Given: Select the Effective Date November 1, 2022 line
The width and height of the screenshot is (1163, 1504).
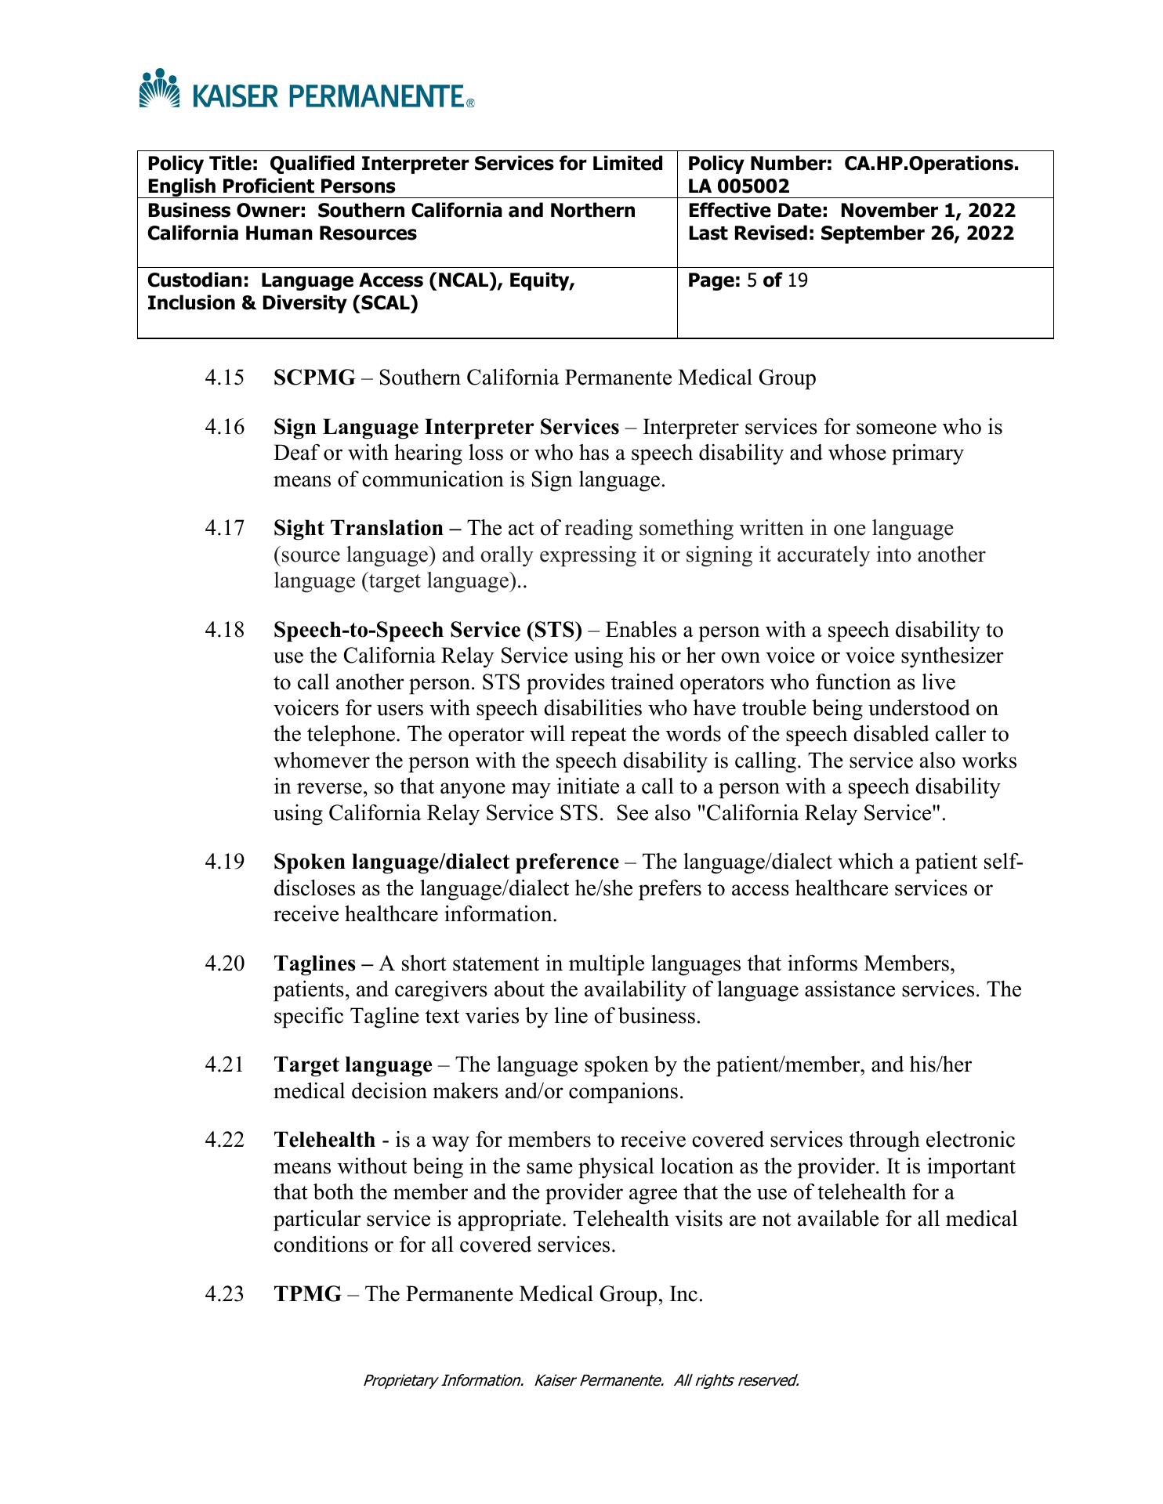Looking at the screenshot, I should [851, 211].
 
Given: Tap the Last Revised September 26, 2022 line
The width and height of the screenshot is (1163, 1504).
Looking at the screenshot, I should [850, 233].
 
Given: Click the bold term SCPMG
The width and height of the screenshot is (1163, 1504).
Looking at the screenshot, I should [314, 378].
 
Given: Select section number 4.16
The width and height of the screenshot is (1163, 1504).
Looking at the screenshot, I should [224, 428].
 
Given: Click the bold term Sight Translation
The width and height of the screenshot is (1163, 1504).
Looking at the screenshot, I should [359, 529].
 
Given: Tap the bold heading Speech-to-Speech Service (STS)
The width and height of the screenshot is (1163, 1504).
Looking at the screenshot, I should [428, 631].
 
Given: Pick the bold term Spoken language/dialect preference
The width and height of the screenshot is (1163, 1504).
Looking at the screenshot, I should [446, 862].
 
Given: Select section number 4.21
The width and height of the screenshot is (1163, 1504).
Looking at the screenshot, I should [224, 1065].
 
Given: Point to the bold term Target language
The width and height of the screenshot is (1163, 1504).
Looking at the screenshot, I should [353, 1065].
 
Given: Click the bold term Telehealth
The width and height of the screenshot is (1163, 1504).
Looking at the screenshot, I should [324, 1141].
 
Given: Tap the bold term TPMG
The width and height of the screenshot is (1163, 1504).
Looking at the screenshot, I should [307, 1294].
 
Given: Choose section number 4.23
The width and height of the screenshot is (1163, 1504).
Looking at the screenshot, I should [224, 1294].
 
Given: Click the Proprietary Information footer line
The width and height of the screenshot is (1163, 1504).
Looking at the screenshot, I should [581, 1380].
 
